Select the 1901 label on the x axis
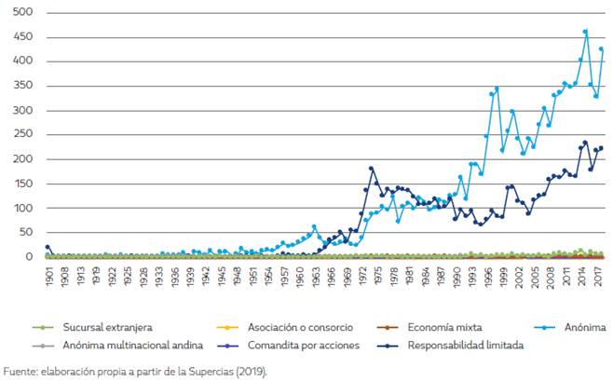click(x=48, y=277)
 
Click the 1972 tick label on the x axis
click(x=361, y=277)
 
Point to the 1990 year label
click(x=457, y=277)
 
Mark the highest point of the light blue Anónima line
click(x=585, y=32)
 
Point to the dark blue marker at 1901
click(x=48, y=248)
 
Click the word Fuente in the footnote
click(x=21, y=370)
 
